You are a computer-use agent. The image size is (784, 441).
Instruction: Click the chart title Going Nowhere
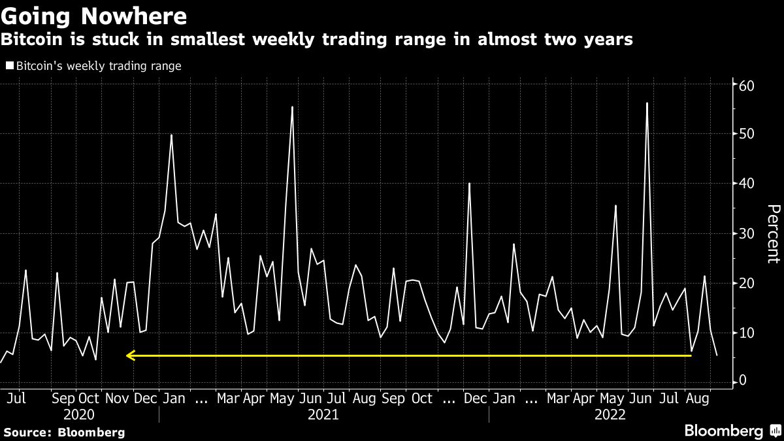coord(94,15)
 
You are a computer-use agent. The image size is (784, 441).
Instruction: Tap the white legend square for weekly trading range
coord(9,66)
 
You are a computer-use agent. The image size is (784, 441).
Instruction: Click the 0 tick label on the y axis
coord(743,382)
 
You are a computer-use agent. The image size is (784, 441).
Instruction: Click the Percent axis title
coord(773,233)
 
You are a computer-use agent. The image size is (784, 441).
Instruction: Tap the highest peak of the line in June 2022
coord(647,103)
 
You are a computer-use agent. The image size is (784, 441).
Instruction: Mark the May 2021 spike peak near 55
coord(292,106)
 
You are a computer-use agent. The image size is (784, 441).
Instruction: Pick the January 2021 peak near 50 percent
coord(171,135)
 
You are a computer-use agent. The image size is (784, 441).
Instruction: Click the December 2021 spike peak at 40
coord(469,183)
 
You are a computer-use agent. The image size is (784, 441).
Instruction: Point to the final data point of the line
coord(717,355)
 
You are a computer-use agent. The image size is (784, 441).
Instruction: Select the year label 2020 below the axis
coord(80,415)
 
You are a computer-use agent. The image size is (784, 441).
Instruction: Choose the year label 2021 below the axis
coord(323,415)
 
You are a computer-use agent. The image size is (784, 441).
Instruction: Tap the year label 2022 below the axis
coord(610,415)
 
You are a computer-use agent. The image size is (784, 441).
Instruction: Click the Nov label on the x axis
coord(118,398)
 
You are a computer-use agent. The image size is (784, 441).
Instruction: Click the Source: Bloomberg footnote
coord(64,432)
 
